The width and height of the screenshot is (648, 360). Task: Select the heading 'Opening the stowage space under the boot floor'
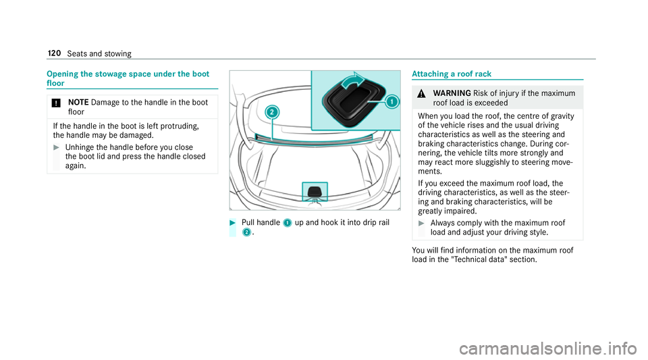[127, 77]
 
